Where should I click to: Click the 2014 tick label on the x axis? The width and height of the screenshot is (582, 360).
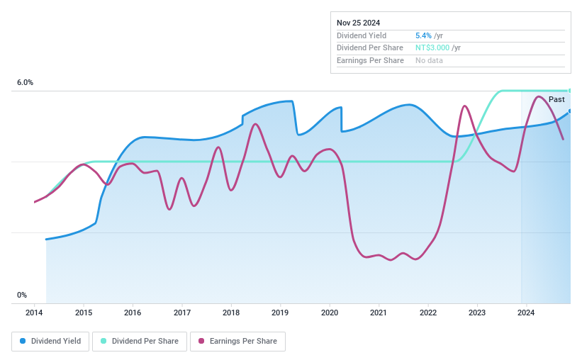34,313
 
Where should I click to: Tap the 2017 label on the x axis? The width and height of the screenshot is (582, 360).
181,313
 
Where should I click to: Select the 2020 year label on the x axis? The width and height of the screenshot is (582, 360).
329,313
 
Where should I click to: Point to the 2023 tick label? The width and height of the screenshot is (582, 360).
476,313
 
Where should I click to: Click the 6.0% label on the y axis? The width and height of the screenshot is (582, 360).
25,83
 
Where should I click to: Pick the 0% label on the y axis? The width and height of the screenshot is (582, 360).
22,295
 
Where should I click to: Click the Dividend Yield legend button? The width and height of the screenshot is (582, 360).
50,342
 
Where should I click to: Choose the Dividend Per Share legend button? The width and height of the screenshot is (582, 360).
140,342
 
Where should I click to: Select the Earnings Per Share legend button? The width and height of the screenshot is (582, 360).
237,342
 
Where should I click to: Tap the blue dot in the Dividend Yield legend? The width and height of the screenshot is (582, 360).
23,342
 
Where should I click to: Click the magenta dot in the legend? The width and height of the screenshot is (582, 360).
201,342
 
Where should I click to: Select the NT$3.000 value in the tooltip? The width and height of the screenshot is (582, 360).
432,48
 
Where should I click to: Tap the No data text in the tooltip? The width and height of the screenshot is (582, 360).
430,61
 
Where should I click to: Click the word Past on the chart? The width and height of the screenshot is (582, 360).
556,100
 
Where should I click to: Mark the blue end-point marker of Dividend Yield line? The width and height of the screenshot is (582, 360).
569,111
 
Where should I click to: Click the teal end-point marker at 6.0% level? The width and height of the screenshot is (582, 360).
569,91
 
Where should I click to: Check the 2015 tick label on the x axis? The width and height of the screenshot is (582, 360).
84,313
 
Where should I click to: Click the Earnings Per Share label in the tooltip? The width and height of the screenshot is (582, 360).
370,61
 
